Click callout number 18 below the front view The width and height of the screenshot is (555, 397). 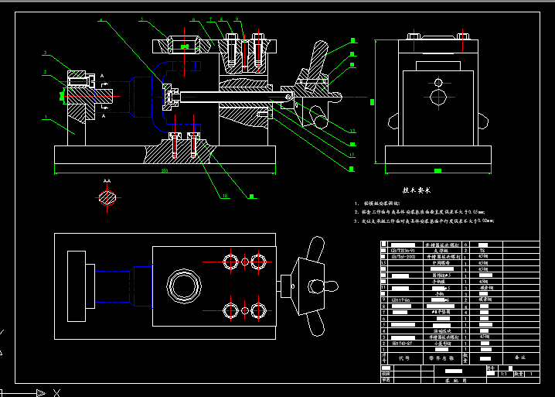[x=224, y=196]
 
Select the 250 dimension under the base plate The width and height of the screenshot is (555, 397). [x=164, y=170]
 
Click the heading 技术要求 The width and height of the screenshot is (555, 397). [x=417, y=189]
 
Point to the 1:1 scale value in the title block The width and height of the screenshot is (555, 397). [x=502, y=373]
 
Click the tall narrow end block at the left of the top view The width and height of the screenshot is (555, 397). [x=77, y=286]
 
